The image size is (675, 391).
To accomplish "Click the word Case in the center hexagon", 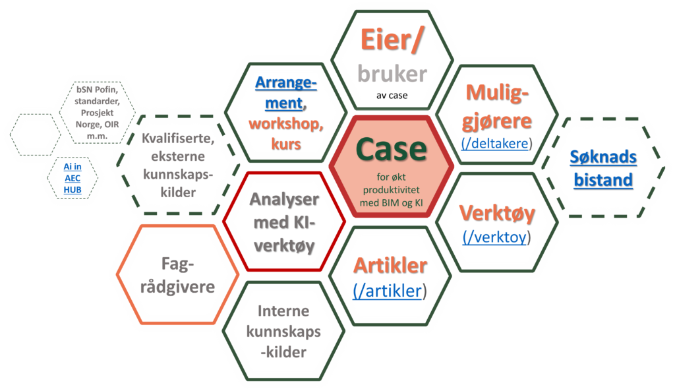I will pos(391,149).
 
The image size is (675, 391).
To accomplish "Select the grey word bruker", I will pos(392,74).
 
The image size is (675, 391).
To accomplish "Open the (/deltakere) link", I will pos(498,143).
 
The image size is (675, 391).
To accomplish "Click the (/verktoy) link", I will pos(497,237).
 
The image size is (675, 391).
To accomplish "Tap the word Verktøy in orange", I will pos(496,214).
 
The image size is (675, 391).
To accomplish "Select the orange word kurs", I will pos(286,144).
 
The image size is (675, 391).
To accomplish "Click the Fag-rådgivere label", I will pos(179,276).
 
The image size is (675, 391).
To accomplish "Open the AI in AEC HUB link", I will pos(69,178).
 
